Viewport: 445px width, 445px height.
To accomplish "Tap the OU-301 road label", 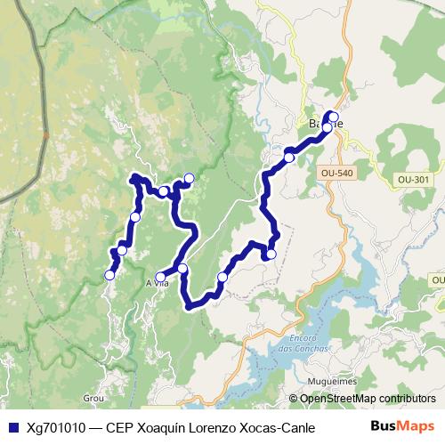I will tap(414, 179).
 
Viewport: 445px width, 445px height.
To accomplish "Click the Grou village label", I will tap(93, 398).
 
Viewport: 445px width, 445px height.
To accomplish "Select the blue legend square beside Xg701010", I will tap(12, 426).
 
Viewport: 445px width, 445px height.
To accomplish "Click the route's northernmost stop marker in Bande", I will tap(332, 116).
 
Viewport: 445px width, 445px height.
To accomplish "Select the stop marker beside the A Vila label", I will tap(161, 277).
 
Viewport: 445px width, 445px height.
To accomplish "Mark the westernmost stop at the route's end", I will tap(110, 275).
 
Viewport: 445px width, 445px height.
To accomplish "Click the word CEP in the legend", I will tap(125, 426).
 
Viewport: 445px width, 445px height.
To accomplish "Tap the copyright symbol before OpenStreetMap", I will tap(294, 399).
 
